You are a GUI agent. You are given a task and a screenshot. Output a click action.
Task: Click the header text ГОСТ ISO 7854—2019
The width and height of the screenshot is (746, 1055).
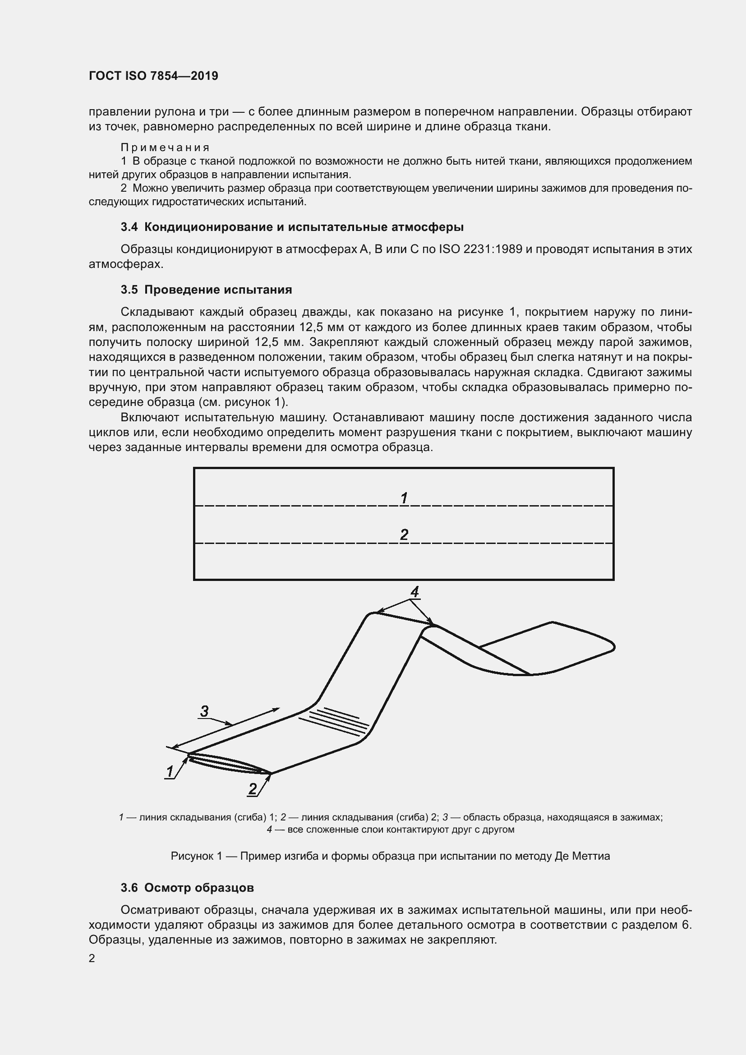(153, 76)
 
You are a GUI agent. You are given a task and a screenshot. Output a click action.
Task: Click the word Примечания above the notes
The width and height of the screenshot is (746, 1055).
(166, 147)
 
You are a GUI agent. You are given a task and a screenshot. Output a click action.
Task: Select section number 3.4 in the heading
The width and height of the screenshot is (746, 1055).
(129, 227)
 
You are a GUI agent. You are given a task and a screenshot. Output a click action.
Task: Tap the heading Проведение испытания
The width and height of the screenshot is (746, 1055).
(218, 290)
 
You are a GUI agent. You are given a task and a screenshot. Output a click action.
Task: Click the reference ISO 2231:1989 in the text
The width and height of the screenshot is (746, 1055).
(480, 249)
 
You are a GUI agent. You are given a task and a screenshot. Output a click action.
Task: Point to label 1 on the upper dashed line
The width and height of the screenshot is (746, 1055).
(404, 498)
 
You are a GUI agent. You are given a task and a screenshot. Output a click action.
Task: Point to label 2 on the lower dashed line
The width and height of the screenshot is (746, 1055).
(404, 534)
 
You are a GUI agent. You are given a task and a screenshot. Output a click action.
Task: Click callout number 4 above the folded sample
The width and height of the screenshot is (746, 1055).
(414, 592)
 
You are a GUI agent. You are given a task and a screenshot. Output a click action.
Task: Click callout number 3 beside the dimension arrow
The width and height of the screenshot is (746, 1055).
(204, 711)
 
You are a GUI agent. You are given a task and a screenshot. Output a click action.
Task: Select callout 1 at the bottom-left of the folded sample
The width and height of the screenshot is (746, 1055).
(170, 771)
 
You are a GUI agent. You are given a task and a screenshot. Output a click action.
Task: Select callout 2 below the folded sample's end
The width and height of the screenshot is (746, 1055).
(253, 789)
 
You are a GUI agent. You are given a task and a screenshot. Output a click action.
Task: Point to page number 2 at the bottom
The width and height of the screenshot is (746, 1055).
(92, 958)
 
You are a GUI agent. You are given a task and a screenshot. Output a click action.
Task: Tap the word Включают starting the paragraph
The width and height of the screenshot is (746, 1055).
(149, 417)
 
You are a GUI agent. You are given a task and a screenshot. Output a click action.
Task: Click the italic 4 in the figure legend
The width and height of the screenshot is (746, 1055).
(270, 829)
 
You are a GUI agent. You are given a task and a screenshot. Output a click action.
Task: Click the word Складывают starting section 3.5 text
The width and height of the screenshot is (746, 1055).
(156, 312)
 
